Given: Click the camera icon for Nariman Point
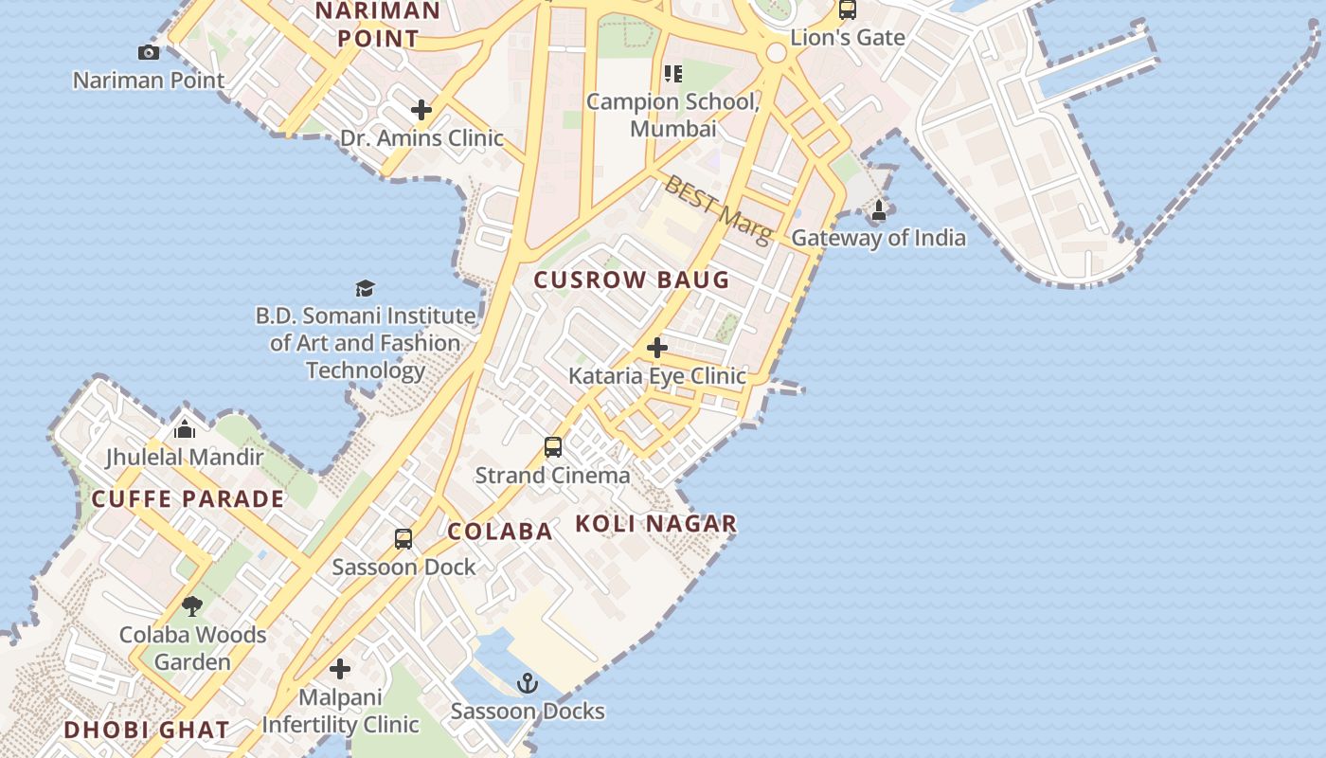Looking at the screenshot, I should tap(149, 52).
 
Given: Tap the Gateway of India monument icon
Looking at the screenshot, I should tap(879, 210).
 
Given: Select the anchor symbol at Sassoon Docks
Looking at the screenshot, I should tap(528, 682).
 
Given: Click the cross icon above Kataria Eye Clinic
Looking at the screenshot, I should tap(656, 348).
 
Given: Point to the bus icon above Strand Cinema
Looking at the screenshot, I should tap(553, 447).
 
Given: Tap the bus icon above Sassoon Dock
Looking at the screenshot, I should tap(403, 539).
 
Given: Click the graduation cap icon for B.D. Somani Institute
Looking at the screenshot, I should tap(365, 288).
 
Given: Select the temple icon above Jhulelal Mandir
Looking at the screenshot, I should tap(185, 429).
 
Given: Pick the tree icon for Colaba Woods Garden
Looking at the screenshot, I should tap(192, 605).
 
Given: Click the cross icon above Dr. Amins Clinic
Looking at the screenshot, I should tap(421, 110).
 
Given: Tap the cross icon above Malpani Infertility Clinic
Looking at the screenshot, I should tap(340, 669).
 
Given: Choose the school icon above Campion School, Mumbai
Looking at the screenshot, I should tap(672, 73).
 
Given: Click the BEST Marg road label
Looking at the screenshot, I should tap(718, 208).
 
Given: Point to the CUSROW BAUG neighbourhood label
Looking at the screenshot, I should tap(632, 280).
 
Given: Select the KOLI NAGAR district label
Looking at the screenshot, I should tap(655, 524).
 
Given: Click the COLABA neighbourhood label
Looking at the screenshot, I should tap(500, 532).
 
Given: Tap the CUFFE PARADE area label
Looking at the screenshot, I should tap(188, 499).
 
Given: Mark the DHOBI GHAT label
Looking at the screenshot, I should tap(147, 730).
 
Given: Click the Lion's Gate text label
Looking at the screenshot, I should tap(848, 38).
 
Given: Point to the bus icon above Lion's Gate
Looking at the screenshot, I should tap(848, 10).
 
